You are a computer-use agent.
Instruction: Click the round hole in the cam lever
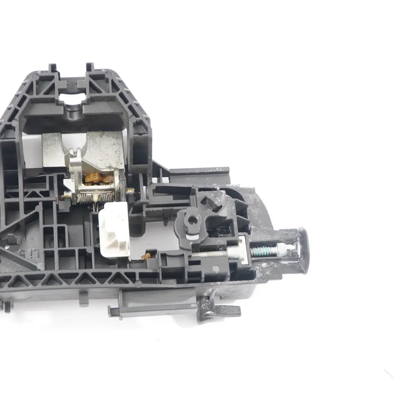pos(192,220)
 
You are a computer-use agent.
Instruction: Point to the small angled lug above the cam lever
pos(214,199)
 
